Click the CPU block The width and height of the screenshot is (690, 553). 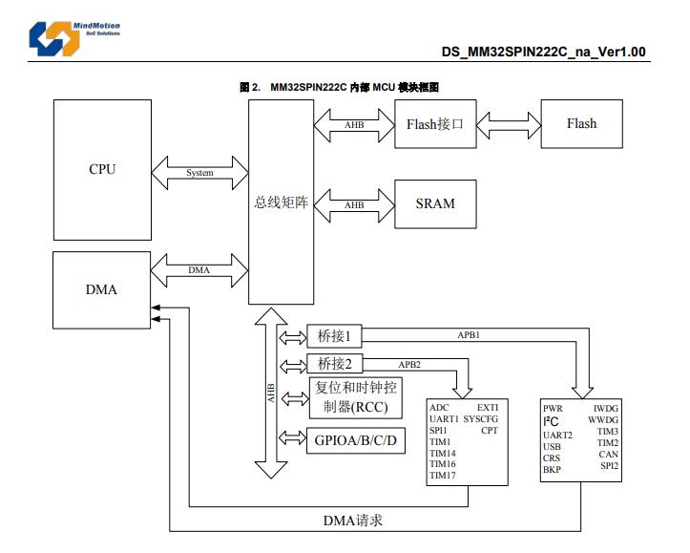click(102, 169)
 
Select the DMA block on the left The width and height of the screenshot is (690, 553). click(102, 288)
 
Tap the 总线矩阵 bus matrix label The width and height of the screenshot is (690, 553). click(281, 202)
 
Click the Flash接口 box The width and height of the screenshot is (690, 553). click(435, 123)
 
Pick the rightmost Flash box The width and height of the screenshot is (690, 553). click(581, 123)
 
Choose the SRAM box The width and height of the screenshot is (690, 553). click(435, 203)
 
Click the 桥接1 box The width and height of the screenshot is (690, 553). click(335, 336)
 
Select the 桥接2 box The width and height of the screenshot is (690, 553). click(335, 364)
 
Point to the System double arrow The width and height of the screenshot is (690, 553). click(199, 173)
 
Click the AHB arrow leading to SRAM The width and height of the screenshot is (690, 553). click(354, 204)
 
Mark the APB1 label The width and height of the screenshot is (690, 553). click(468, 335)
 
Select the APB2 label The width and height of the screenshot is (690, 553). click(410, 364)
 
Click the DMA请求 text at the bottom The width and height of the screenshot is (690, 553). click(353, 521)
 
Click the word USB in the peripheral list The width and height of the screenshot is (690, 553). click(553, 446)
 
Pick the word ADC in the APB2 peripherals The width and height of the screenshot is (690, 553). click(439, 408)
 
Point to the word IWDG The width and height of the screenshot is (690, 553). click(605, 408)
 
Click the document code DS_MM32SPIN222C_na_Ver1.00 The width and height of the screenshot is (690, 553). click(543, 52)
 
